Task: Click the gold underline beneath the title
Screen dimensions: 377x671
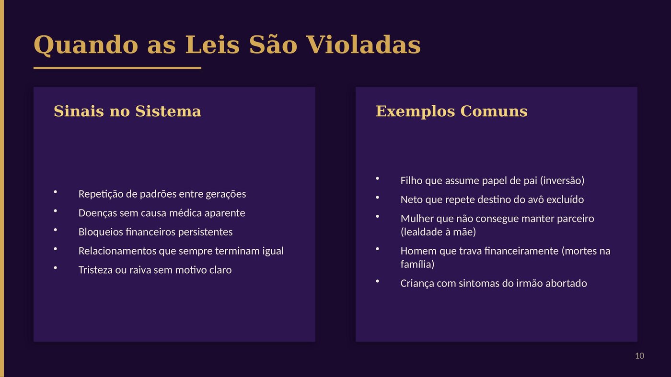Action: tap(117, 68)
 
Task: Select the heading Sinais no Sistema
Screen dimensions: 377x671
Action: tap(127, 111)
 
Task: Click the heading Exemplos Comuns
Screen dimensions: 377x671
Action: tap(451, 111)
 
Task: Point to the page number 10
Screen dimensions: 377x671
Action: tap(639, 356)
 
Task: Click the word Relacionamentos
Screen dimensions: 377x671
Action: tap(117, 251)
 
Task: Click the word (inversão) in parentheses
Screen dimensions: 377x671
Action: tap(562, 181)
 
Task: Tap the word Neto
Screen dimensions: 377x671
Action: tap(411, 200)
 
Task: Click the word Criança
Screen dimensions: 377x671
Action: tap(418, 283)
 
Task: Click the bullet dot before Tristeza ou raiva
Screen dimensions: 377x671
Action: tap(55, 268)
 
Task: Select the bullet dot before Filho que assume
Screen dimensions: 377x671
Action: tap(377, 179)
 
